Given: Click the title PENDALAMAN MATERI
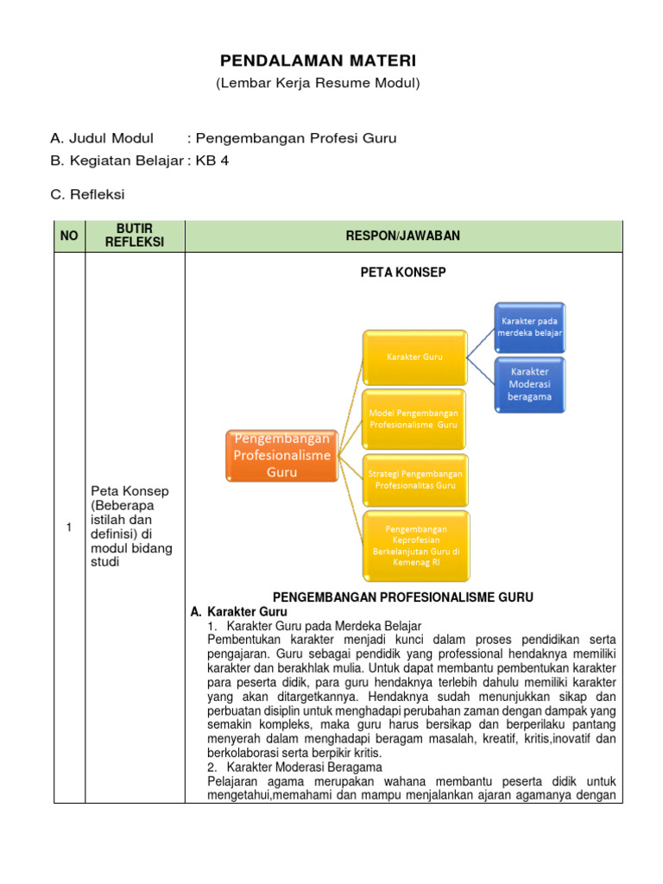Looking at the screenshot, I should pos(318,60).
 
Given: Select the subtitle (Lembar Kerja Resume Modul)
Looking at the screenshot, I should pos(318,83).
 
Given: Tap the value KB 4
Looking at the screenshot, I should pos(213,161).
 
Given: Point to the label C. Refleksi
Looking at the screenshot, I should pos(87,195).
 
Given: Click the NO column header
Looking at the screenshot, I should pos(69,236).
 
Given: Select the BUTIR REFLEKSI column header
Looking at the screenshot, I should pos(134,236).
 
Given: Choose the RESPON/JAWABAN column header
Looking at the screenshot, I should pos(403,236).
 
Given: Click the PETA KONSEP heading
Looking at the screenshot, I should pos(403,273).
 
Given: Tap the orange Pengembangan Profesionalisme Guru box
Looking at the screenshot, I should pos(281,455).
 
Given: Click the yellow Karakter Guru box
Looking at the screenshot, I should pos(414,356).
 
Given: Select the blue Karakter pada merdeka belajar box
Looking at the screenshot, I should pos(529,326).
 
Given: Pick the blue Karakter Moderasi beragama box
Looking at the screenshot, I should pos(529,383).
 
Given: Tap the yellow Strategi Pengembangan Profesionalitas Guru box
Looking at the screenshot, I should pos(414,479).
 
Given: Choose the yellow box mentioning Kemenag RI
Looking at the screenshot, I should pos(414,545).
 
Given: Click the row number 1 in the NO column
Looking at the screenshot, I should pos(69,528).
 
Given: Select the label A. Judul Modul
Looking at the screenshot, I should pos(102,138).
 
